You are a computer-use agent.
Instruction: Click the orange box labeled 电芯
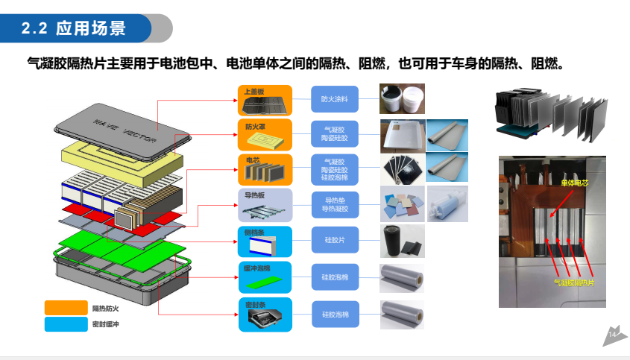click(265, 169)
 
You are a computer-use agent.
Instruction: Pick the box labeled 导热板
click(265, 204)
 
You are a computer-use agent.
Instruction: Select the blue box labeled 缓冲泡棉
click(265, 277)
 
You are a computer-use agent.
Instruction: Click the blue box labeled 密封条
click(265, 314)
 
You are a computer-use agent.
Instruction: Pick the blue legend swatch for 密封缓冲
click(66, 323)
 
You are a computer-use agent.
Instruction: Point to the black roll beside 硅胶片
click(393, 241)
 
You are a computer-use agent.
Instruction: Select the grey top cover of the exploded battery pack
click(119, 127)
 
